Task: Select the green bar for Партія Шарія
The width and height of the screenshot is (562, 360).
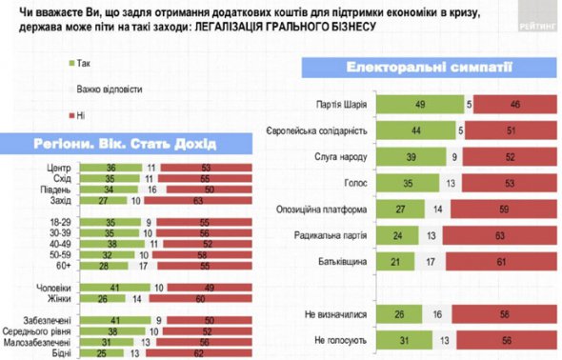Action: pos(420,104)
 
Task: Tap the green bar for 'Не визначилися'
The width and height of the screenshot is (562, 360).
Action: pos(404,312)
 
